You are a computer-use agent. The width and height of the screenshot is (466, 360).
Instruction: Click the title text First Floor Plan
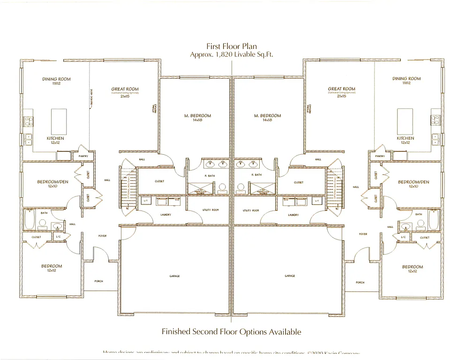click(x=232, y=46)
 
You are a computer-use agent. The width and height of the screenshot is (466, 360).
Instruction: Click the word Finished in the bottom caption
click(x=176, y=332)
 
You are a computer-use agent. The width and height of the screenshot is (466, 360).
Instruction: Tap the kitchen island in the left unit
click(x=59, y=121)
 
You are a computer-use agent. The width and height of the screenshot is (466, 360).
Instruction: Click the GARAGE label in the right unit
click(x=290, y=276)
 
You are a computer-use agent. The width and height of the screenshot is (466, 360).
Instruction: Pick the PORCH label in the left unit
click(x=98, y=281)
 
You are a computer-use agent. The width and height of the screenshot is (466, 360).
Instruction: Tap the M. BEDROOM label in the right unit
click(x=267, y=116)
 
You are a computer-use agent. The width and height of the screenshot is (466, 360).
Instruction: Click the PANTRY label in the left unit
click(x=84, y=156)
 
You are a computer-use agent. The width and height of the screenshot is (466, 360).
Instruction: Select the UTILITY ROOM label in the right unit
click(x=251, y=210)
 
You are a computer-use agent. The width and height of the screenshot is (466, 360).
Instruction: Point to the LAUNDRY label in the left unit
click(x=165, y=215)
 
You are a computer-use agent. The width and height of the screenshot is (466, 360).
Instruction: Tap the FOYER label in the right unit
click(x=363, y=234)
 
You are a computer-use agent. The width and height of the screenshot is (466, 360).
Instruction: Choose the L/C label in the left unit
click(x=58, y=237)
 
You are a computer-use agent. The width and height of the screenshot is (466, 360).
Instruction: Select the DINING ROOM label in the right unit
click(x=406, y=79)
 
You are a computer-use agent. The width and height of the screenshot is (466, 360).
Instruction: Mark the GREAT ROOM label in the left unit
click(x=125, y=89)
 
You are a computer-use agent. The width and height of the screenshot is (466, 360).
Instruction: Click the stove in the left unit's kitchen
click(x=28, y=121)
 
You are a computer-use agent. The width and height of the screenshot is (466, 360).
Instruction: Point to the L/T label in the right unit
click(x=317, y=201)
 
